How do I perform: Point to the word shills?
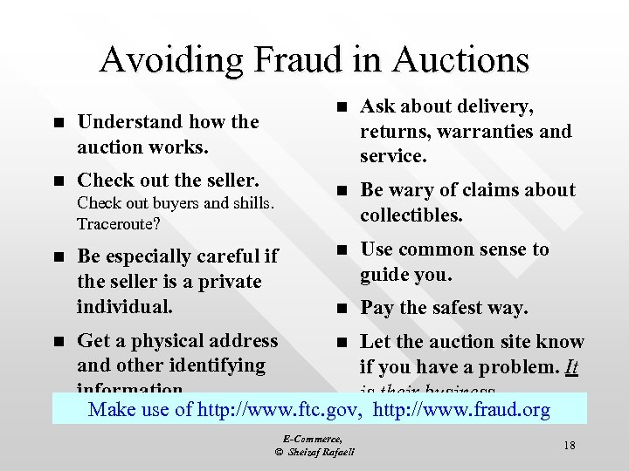(x=250, y=203)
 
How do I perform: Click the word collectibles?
(x=411, y=215)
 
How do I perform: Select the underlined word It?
(x=571, y=366)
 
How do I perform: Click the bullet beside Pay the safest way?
(x=343, y=309)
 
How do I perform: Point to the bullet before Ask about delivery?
(x=343, y=107)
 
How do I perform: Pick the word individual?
(x=124, y=307)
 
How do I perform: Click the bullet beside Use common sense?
(x=343, y=250)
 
